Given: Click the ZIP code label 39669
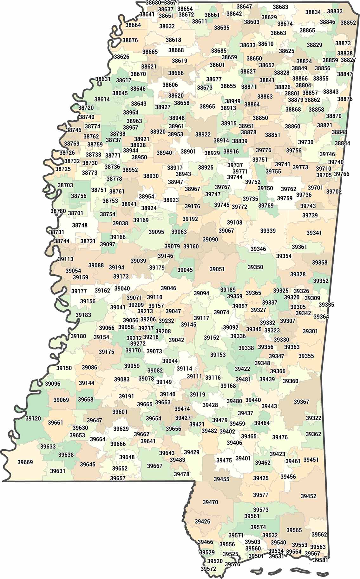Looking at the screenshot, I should coord(25,462).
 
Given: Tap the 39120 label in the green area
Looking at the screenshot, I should coord(33,418).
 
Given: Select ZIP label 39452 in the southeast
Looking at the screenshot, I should coord(308,496).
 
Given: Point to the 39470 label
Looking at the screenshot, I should coord(210,502).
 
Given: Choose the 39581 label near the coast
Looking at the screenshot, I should coord(320,560).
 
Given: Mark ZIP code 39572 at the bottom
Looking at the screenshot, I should coord(208,569).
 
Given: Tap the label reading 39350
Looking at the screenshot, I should coord(255,267).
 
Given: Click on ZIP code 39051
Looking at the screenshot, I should coord(217,269).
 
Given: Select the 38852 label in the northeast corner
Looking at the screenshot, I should coord(348,23).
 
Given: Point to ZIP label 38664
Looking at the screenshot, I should coord(133,25).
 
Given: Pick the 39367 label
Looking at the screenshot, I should coord(301,402).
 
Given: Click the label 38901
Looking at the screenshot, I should coord(188,151).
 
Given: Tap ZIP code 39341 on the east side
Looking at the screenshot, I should coord(314,233).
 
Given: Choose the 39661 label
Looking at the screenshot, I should coord(56,422).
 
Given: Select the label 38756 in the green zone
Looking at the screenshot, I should coord(79,196).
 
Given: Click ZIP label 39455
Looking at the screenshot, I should coord(221,479).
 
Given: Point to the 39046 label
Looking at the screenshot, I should coord(168,288).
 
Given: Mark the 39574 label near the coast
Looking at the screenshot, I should coord(258,527).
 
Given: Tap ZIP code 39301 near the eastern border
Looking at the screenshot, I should coord(310,331).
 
